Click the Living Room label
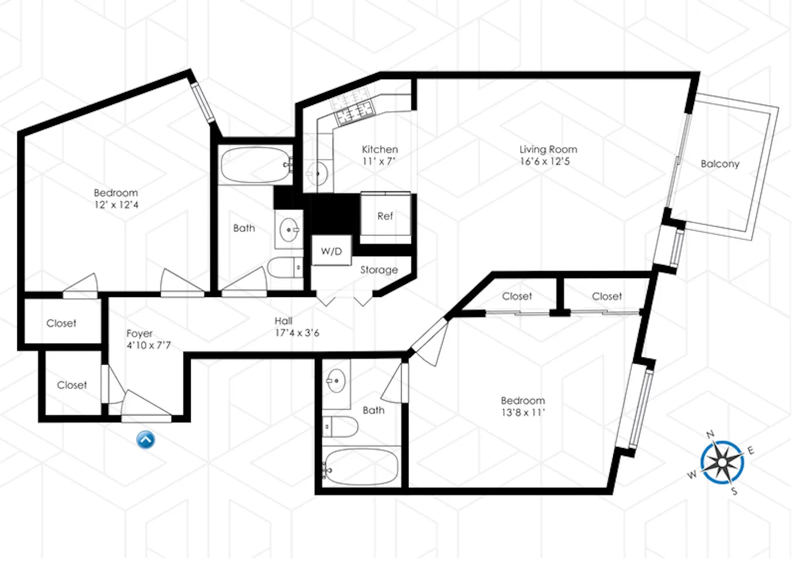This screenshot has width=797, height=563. [x=548, y=149]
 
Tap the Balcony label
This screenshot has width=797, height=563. [x=719, y=164]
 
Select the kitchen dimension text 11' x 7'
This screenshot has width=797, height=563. [x=379, y=161]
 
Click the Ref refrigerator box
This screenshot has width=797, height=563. [x=385, y=216]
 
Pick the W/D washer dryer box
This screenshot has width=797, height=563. [x=331, y=251]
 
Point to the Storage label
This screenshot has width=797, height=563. [x=379, y=269]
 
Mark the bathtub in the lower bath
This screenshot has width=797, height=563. [x=360, y=467]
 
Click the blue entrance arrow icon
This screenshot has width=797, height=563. [x=145, y=439]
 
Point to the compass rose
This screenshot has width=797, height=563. [x=722, y=462]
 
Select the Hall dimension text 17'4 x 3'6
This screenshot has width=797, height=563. [x=297, y=333]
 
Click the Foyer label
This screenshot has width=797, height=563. [x=140, y=333]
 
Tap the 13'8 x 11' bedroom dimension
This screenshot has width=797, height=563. [x=522, y=412]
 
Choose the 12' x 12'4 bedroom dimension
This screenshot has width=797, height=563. [x=116, y=205]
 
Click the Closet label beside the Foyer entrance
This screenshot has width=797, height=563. [x=72, y=385]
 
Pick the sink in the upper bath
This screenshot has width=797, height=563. [x=289, y=230]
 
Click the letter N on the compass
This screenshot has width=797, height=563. [x=710, y=434]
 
